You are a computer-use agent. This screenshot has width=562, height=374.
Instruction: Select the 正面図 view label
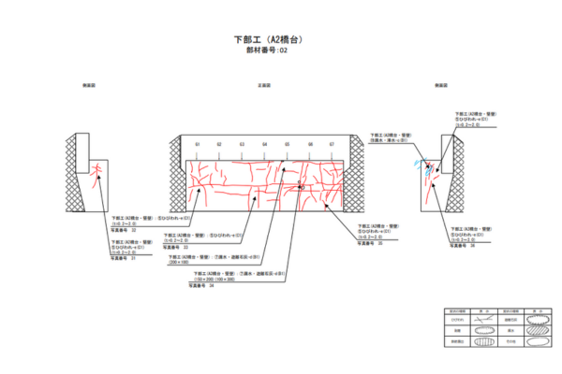[x=264, y=86]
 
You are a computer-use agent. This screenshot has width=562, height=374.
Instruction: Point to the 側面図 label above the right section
[x=440, y=86]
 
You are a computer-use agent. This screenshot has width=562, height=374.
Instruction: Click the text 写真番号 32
[x=124, y=230]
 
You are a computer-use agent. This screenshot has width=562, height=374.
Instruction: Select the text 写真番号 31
[x=124, y=258]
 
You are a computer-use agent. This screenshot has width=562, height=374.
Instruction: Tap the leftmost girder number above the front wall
[x=198, y=145]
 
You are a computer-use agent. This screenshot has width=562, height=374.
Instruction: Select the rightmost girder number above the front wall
[x=332, y=145]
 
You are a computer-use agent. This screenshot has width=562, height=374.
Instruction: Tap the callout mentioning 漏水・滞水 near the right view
[x=389, y=139]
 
